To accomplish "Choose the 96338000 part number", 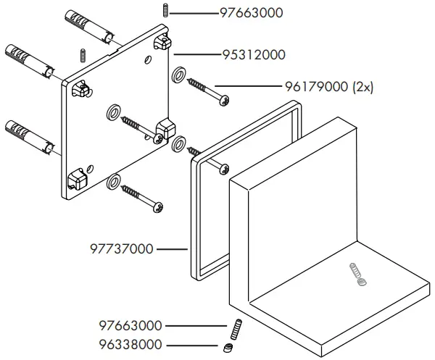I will click(x=130, y=345).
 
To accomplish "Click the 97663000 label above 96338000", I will click(x=130, y=326).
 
